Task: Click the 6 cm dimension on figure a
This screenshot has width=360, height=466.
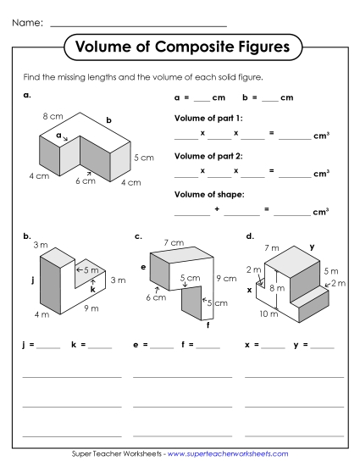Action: (x=85, y=180)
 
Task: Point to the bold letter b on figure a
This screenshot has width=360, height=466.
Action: (x=108, y=120)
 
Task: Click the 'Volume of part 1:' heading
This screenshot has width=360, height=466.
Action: (x=208, y=117)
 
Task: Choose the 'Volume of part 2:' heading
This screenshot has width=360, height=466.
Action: (x=208, y=156)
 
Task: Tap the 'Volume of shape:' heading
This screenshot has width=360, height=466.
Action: (x=208, y=194)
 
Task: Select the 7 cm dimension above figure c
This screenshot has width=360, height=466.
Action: (x=174, y=243)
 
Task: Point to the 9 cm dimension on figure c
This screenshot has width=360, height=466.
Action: (x=226, y=277)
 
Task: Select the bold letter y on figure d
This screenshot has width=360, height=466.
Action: (x=312, y=247)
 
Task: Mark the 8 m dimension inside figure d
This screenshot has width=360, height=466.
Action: (x=277, y=288)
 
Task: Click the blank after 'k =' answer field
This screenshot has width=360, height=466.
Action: (x=100, y=347)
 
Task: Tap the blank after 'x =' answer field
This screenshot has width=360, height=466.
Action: (x=273, y=347)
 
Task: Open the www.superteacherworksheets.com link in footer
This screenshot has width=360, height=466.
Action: (x=228, y=455)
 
